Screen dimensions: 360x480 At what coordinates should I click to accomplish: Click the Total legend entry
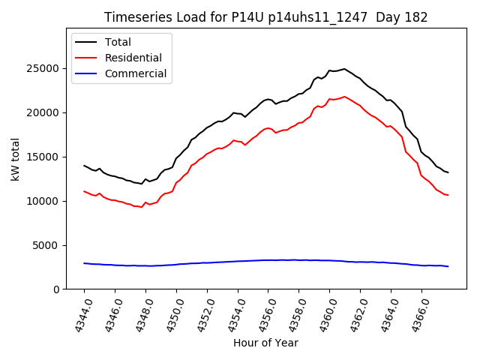point(118,42)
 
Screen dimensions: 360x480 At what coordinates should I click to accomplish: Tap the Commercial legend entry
point(135,73)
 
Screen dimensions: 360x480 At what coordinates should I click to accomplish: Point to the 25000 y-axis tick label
point(49,68)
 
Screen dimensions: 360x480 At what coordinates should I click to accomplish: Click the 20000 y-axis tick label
point(49,112)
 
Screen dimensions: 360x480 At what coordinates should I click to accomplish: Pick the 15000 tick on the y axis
point(49,157)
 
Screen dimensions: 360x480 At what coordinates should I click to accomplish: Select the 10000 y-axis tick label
point(49,201)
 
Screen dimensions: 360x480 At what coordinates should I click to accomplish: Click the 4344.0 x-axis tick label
point(79,314)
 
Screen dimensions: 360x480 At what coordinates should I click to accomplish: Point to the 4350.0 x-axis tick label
point(171,314)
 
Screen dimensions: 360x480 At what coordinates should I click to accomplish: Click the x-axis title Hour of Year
point(265,343)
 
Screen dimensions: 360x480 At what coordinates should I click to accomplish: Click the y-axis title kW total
point(16,160)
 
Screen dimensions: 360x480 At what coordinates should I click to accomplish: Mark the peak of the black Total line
point(344,69)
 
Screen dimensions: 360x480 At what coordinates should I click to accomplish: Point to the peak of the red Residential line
point(344,97)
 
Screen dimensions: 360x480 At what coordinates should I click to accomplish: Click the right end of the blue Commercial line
point(448,266)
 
